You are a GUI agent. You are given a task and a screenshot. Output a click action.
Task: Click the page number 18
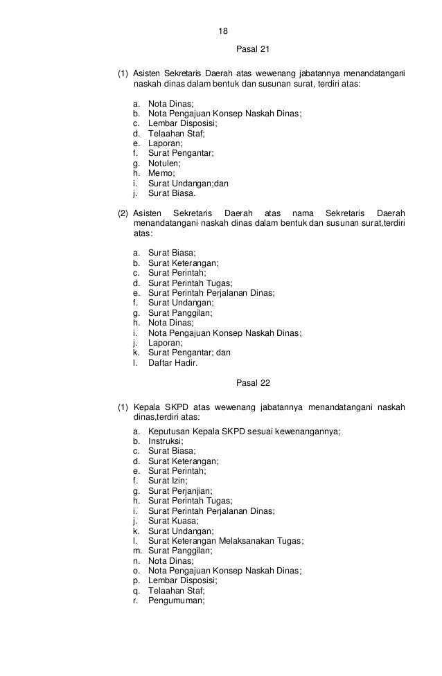222,32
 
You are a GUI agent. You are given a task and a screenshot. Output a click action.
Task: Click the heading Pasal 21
251,51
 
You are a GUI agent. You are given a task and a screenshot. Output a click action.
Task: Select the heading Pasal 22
251,383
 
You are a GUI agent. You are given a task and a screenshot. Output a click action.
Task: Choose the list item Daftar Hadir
173,362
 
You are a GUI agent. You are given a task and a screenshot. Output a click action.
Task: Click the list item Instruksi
166,441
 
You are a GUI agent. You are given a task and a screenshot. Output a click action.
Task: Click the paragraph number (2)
123,213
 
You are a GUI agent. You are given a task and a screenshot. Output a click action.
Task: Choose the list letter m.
134,551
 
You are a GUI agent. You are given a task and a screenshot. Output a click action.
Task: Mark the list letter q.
134,591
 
